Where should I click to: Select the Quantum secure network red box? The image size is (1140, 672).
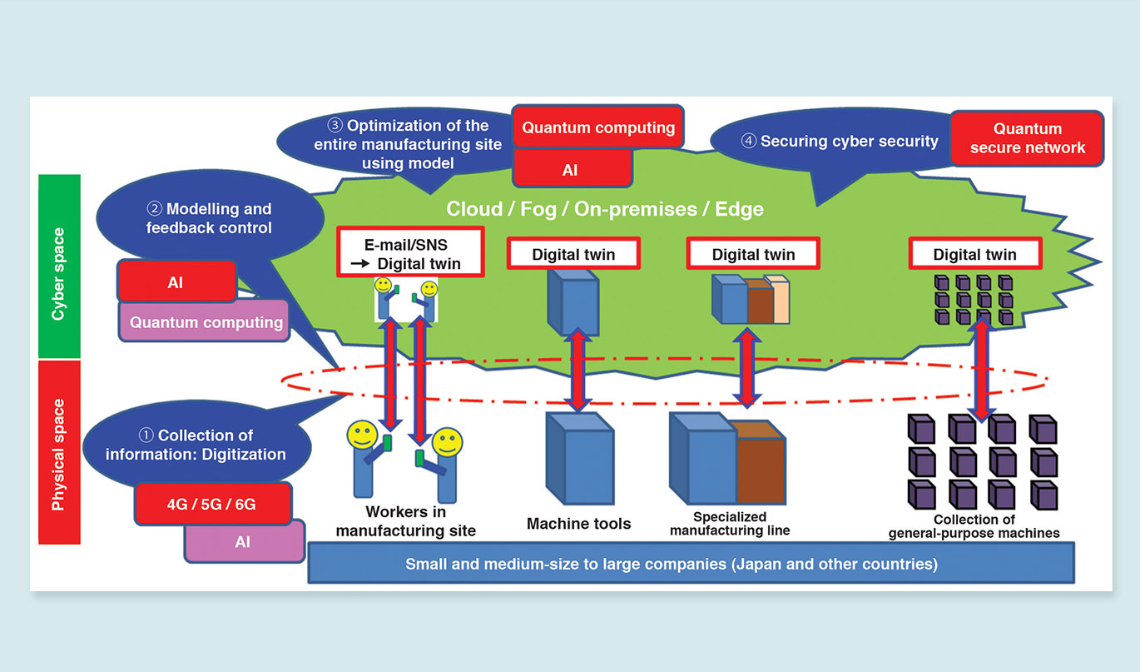(x=1027, y=138)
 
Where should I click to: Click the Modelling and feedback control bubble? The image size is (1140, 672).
(x=209, y=218)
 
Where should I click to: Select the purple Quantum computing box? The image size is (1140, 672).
(x=206, y=321)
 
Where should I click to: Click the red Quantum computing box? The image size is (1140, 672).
(x=598, y=128)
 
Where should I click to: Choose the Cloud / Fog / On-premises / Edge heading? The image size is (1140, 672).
(x=604, y=209)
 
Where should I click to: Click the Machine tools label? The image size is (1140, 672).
(x=579, y=524)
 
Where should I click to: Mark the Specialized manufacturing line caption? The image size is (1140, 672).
(x=730, y=524)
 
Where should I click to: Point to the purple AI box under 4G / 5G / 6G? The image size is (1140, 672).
(x=243, y=541)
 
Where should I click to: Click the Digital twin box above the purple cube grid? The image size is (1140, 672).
(x=974, y=254)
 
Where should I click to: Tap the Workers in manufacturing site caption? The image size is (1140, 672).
(x=406, y=521)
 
